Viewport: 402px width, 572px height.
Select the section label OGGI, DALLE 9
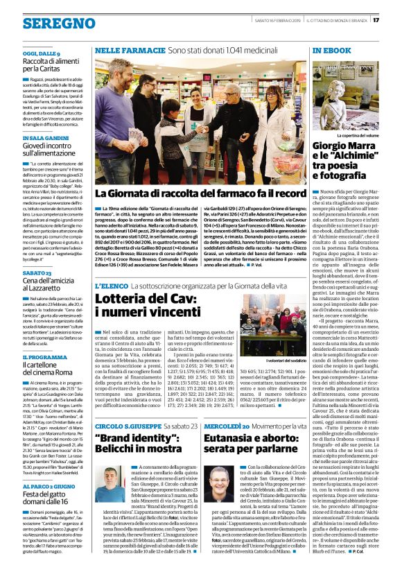pyautogui.click(x=41, y=53)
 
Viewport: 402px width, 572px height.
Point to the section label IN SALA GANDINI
pyautogui.click(x=45, y=139)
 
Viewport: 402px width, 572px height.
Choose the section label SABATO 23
pyautogui.click(x=37, y=272)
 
